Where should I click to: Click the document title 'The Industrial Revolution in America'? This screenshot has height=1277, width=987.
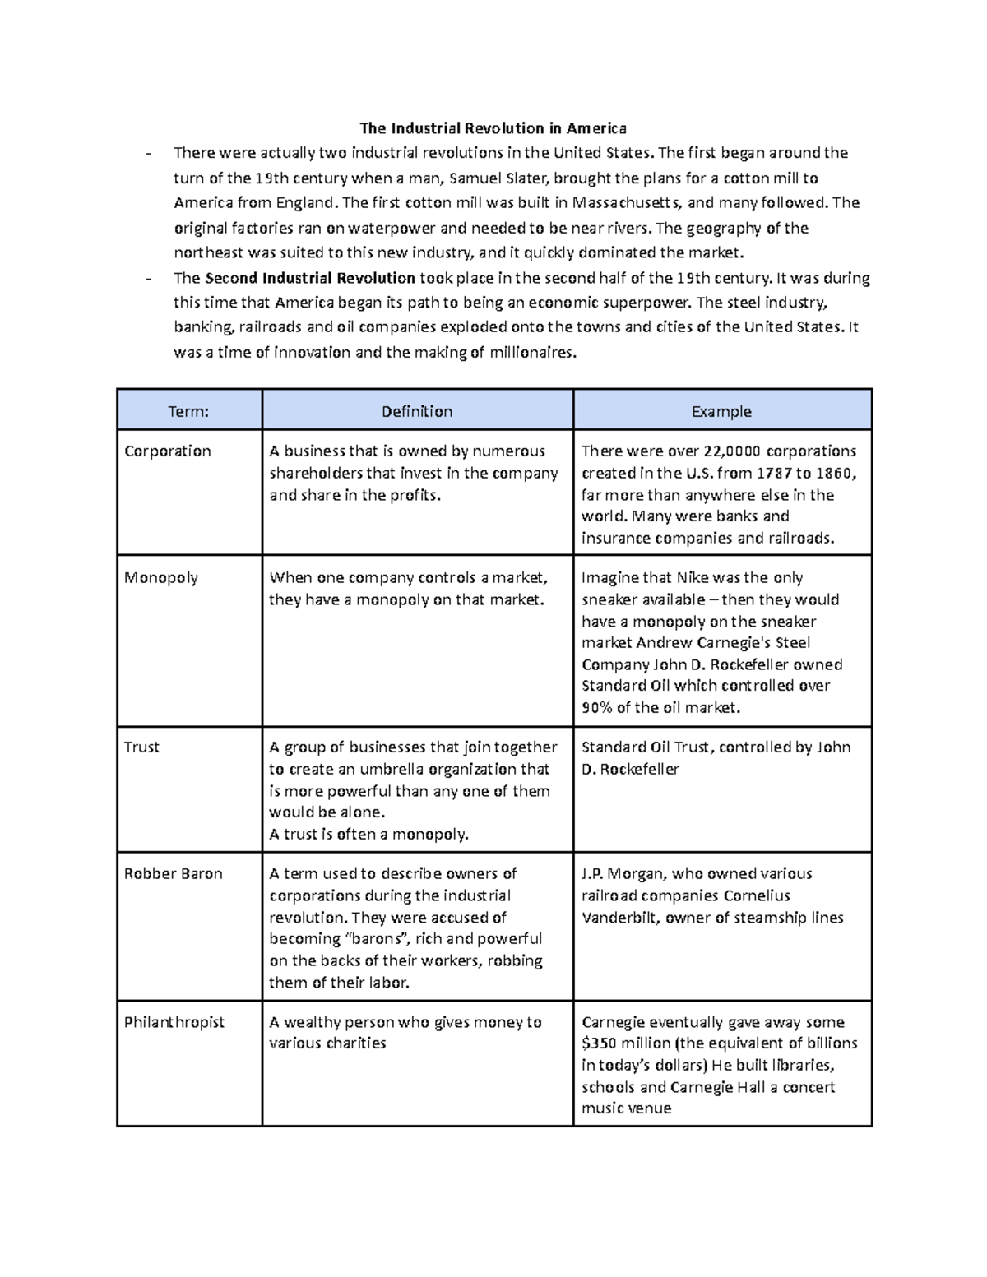[493, 128]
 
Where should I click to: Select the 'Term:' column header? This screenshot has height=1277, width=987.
[188, 411]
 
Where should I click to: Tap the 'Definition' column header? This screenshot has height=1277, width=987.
[416, 411]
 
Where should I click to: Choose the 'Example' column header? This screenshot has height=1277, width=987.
[721, 411]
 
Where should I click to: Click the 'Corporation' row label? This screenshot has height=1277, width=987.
[168, 451]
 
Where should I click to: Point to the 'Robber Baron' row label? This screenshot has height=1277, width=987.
[173, 874]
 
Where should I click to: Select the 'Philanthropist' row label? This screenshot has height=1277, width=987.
[174, 1022]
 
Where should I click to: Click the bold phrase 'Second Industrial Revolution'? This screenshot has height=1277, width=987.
[310, 278]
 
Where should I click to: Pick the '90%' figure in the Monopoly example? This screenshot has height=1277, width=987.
[596, 708]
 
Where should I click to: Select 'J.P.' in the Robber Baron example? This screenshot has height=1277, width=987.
[595, 874]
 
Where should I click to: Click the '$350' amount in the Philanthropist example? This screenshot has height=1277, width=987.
[600, 1044]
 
